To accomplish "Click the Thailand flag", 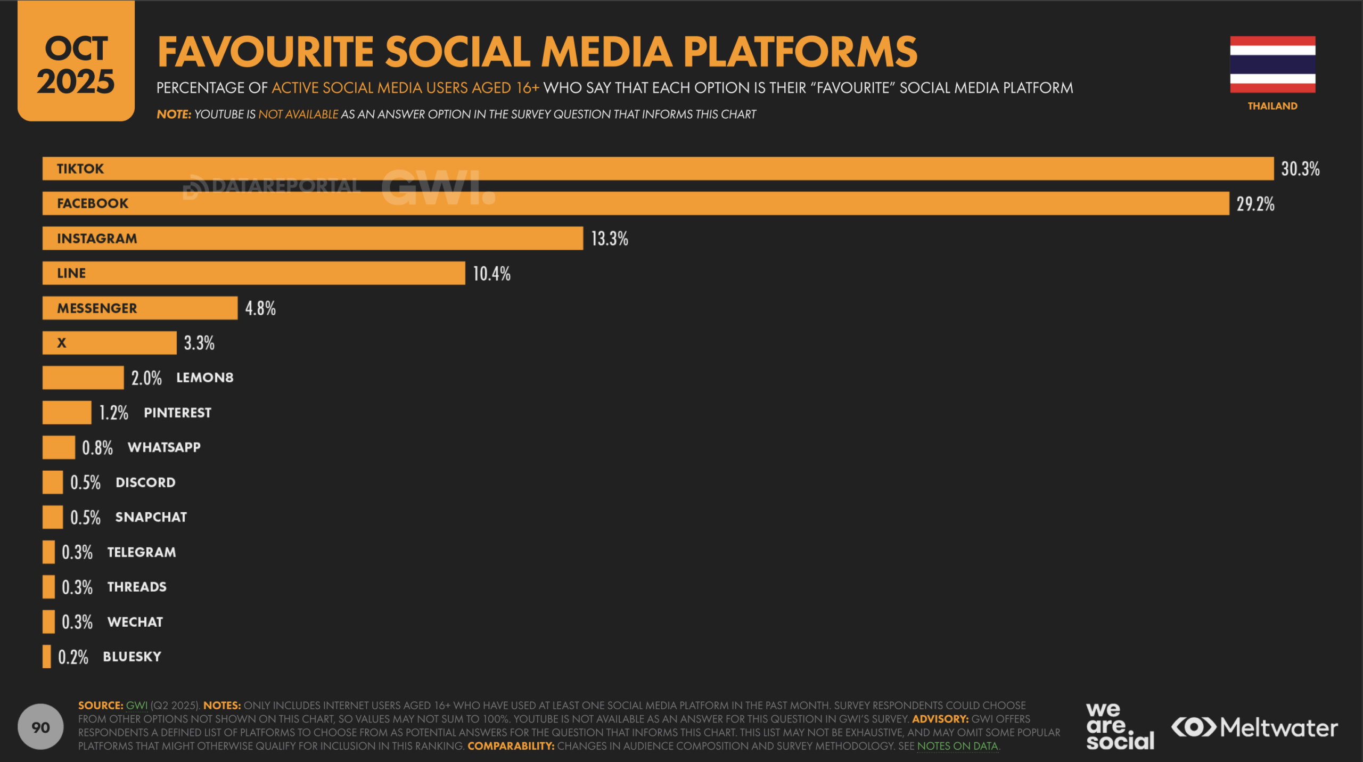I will pos(1272,64).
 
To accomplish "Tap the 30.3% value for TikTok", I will pos(1300,169).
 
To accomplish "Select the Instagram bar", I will pos(313,238).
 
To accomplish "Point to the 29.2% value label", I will pos(1255,204).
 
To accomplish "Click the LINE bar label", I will pos(71,273).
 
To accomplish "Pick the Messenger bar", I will pos(140,308).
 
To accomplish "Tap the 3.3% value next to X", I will pos(199,343).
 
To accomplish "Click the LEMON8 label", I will pos(205,378).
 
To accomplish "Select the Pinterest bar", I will pos(67,412).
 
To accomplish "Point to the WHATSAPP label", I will pos(164,447).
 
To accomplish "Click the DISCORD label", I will pos(145,482).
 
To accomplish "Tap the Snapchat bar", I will pos(53,517).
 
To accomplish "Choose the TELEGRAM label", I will pos(142,552).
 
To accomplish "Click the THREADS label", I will pos(137,587).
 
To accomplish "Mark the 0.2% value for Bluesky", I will pos(73,657).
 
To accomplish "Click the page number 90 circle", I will pos(40,727).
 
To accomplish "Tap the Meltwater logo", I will pos(1254,727).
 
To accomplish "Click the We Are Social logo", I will pos(1120,727).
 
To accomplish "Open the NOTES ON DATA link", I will pos(957,746).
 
